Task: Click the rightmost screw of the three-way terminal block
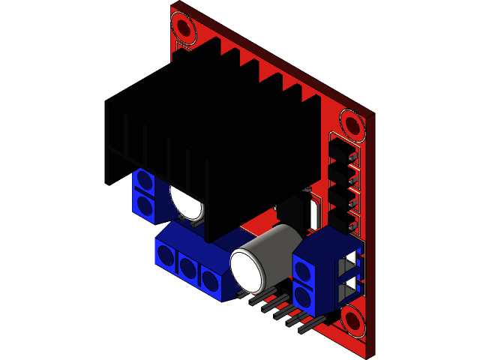pos(209,280)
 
